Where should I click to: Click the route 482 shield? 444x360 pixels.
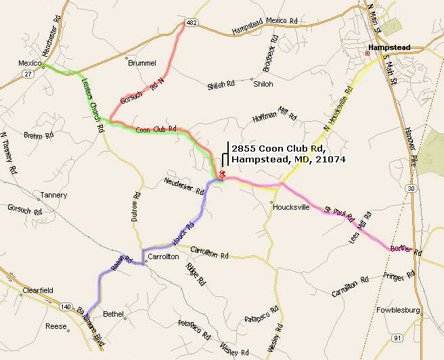pos(192,23)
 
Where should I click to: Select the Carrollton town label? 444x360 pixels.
pos(163,257)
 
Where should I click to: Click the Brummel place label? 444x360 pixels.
pos(142,63)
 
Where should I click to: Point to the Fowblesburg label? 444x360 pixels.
pos(398,311)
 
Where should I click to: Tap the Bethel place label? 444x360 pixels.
pos(114,313)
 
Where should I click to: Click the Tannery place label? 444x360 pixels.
pos(53,195)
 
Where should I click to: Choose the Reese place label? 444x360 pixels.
pos(56,326)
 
